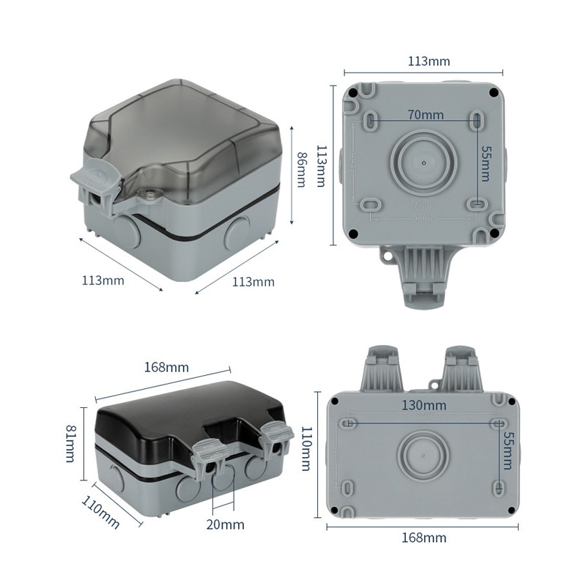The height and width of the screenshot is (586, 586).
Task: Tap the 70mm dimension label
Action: point(426,114)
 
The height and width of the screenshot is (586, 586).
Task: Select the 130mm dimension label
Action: point(424,406)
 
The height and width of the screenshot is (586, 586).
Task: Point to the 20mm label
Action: point(224,524)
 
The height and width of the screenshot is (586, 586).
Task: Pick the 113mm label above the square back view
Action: point(429,61)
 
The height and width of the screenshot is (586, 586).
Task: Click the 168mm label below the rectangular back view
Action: point(424,538)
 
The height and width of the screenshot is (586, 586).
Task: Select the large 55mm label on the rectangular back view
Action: point(507,450)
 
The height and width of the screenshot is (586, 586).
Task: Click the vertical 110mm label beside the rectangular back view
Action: point(308,450)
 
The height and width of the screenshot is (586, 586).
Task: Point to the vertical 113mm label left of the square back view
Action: point(321,166)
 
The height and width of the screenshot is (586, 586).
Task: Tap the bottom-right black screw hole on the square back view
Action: point(494,234)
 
